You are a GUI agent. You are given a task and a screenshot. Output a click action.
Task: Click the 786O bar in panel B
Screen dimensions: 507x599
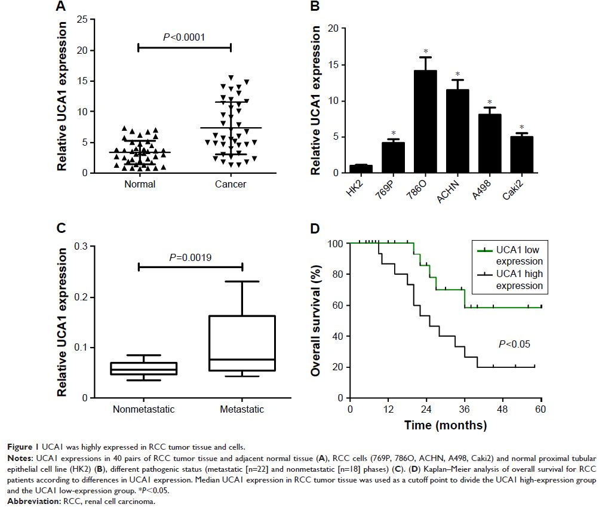[425, 122]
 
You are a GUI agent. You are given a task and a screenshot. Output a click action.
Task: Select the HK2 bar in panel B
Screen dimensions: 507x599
[360, 169]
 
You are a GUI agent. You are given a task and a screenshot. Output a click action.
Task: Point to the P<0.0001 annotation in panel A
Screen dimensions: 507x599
[184, 37]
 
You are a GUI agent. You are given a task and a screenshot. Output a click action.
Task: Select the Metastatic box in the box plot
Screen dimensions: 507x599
[242, 343]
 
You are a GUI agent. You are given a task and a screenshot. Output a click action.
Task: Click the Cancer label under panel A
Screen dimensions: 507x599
[231, 185]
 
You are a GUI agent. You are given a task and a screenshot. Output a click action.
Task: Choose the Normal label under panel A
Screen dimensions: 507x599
[140, 185]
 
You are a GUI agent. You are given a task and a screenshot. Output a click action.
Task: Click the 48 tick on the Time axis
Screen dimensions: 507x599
[503, 410]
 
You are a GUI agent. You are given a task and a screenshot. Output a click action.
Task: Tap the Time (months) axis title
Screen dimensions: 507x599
[445, 426]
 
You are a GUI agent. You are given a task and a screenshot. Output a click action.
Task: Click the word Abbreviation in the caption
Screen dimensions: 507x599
[26, 502]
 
